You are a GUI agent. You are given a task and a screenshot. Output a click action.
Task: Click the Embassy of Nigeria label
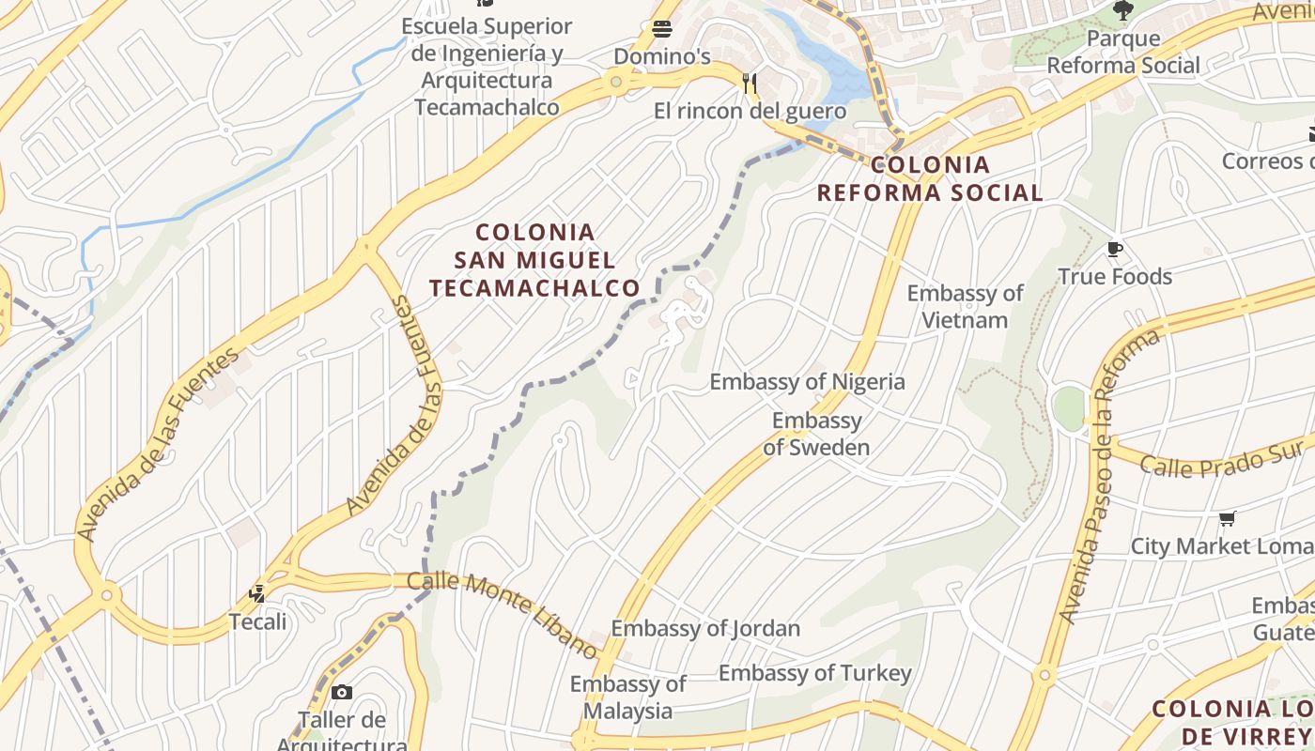[807, 382]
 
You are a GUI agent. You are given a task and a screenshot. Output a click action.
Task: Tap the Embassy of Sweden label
[816, 434]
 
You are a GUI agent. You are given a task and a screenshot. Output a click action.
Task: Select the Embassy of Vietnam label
[965, 307]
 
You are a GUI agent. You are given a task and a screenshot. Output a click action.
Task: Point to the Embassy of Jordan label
[705, 628]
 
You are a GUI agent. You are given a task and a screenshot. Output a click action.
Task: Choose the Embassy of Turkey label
[814, 673]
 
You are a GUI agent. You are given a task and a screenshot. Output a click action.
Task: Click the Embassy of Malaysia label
[627, 697]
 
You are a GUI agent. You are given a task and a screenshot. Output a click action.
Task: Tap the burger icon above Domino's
[662, 28]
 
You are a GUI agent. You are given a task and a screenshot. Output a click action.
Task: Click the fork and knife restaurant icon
[750, 84]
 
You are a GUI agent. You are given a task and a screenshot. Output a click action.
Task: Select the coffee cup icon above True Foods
[1115, 250]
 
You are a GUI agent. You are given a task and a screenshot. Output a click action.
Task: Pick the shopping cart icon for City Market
[1227, 518]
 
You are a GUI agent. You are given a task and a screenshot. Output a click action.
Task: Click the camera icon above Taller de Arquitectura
[342, 693]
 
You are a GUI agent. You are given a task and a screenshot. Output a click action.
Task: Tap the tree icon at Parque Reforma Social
[1122, 10]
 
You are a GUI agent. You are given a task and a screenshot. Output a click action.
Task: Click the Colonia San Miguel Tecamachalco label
[535, 260]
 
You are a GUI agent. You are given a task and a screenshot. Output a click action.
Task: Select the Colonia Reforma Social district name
[929, 178]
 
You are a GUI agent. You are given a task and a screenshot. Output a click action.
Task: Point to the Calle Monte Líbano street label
[503, 614]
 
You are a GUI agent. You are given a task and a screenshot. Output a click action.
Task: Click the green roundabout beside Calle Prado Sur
[1069, 408]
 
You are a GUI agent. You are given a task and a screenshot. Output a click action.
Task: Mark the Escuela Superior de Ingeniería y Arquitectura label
[487, 67]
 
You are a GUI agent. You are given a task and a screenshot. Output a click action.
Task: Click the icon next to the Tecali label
[257, 593]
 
